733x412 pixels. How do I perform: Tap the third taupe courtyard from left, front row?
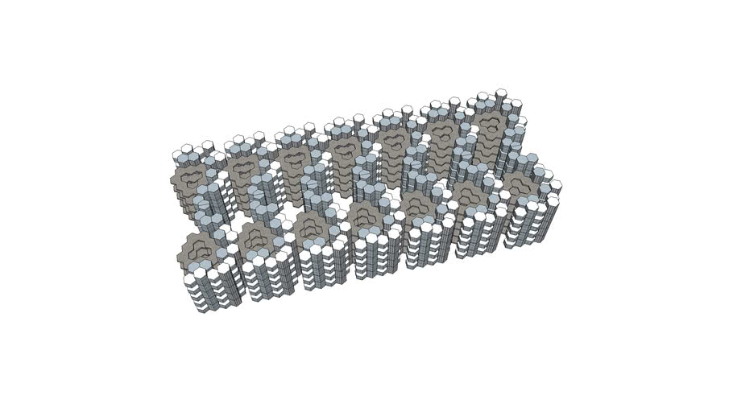[309, 225]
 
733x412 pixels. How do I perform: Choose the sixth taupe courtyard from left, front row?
[471, 192]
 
